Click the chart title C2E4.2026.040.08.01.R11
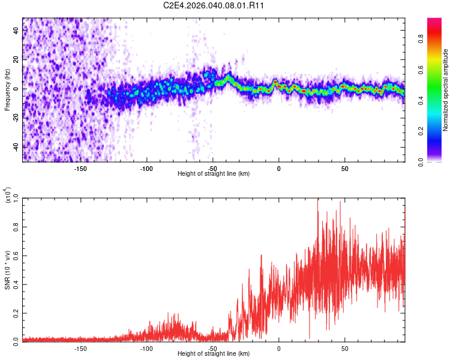(214, 5)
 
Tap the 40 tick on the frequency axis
(16, 30)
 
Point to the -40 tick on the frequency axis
(15, 146)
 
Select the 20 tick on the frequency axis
(16, 59)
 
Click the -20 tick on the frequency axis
(15, 118)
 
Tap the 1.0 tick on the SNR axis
(16, 197)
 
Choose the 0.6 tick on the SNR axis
(16, 255)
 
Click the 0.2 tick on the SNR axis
(16, 313)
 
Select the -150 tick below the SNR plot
(80, 348)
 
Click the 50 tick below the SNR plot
(344, 348)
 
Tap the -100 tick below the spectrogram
(146, 168)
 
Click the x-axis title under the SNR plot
(214, 354)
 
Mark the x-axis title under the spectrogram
(214, 174)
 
